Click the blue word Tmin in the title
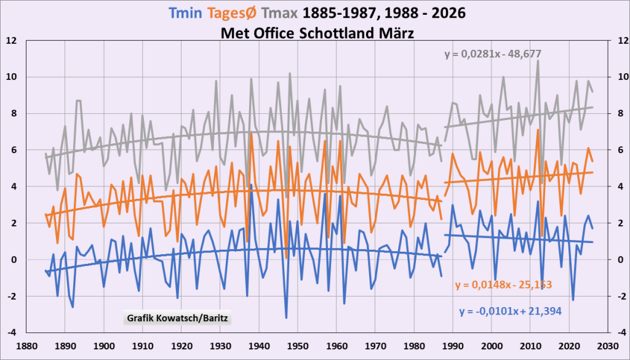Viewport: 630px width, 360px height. pyautogui.click(x=186, y=13)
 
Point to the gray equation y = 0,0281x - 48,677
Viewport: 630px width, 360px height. pyautogui.click(x=493, y=54)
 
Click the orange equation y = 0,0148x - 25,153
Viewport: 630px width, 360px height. pyautogui.click(x=503, y=284)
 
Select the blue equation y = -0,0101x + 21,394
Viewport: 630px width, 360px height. pyautogui.click(x=510, y=311)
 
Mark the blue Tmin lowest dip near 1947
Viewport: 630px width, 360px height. pyautogui.click(x=287, y=318)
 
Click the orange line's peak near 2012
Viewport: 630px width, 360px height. pyautogui.click(x=538, y=130)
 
